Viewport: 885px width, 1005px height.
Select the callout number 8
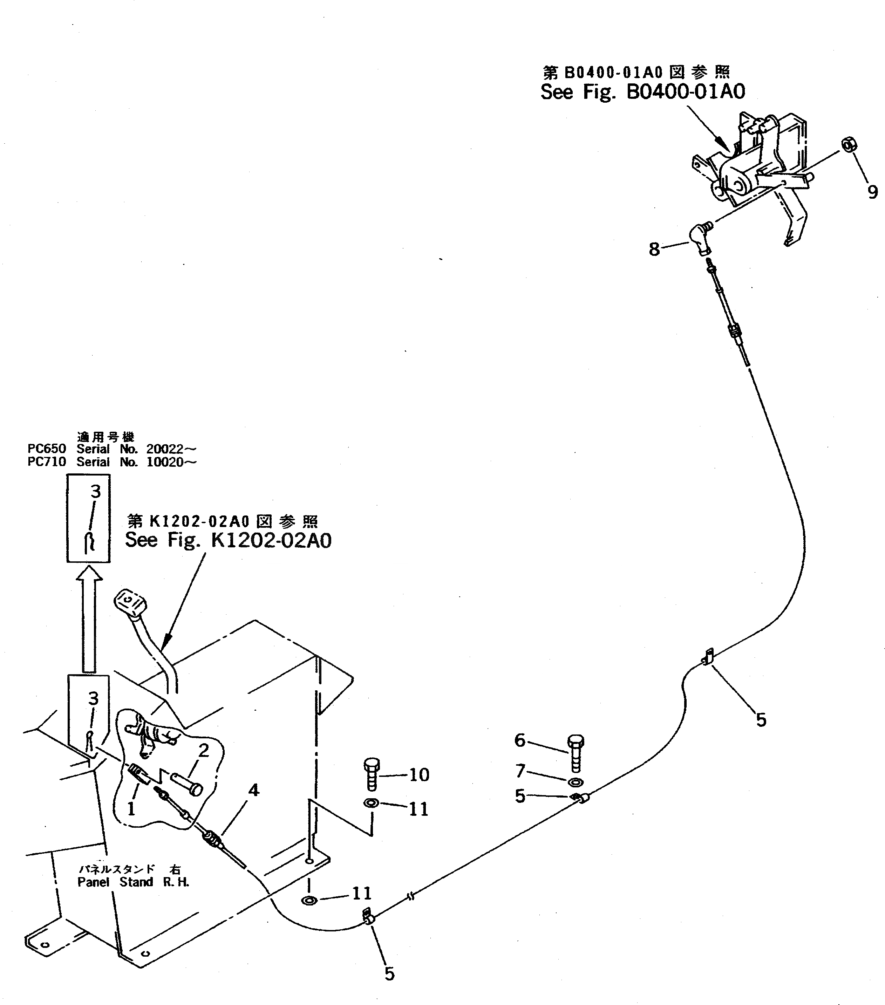coord(654,249)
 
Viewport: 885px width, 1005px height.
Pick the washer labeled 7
coord(576,782)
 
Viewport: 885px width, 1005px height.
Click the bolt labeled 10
coord(372,775)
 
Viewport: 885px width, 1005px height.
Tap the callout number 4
coord(253,790)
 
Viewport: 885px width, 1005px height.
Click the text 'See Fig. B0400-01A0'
coord(642,92)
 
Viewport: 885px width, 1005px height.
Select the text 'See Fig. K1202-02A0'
coord(228,540)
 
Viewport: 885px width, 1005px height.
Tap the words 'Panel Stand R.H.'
coord(133,882)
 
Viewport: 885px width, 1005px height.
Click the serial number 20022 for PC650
coord(164,449)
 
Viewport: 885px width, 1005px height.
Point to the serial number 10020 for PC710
coord(164,462)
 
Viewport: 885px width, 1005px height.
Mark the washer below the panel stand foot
coord(309,900)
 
